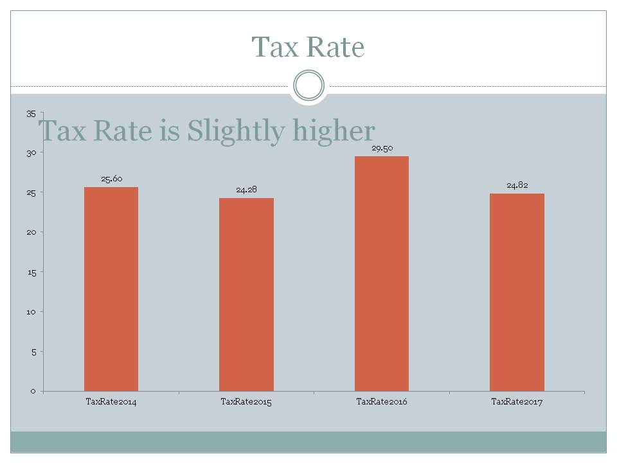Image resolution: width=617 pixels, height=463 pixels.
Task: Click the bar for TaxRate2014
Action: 111,289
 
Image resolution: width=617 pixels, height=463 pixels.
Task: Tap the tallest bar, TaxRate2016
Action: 382,273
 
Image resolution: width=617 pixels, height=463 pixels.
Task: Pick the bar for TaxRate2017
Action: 517,292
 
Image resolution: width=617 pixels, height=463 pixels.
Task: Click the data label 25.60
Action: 112,179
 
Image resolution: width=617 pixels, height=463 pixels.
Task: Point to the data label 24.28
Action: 246,190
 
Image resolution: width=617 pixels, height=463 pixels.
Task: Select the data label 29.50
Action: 382,148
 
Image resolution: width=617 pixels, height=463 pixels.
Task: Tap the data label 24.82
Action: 517,185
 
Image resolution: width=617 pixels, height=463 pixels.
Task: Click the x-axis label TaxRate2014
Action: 111,401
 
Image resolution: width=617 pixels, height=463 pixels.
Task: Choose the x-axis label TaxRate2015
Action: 246,401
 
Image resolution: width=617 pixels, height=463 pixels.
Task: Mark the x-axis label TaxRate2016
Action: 382,401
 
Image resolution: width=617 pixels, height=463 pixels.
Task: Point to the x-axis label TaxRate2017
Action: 517,401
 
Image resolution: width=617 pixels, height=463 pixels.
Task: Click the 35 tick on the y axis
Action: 31,114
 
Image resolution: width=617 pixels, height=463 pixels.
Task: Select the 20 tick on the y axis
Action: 31,232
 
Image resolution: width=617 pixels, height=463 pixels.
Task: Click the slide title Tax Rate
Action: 308,47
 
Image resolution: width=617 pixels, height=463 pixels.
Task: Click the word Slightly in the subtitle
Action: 236,132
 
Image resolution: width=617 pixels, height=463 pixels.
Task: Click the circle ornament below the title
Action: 308,86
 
